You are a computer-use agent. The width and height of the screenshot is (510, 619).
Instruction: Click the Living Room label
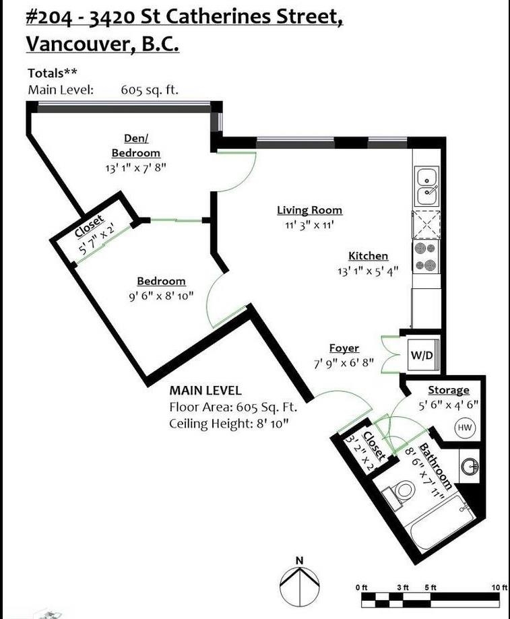309,210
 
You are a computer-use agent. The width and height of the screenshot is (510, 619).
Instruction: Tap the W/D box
422,355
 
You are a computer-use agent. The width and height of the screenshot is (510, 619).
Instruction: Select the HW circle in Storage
464,427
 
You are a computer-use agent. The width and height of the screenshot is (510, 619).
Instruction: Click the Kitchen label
368,256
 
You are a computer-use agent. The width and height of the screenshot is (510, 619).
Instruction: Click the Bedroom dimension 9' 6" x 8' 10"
162,296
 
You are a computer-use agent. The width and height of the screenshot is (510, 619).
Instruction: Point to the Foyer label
344,348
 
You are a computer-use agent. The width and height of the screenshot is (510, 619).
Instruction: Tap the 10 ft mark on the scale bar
499,587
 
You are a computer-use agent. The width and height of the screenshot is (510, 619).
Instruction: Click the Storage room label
449,390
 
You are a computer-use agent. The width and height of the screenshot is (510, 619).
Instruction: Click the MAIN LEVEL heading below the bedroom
205,391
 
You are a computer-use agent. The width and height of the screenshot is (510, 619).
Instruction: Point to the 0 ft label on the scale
362,587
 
